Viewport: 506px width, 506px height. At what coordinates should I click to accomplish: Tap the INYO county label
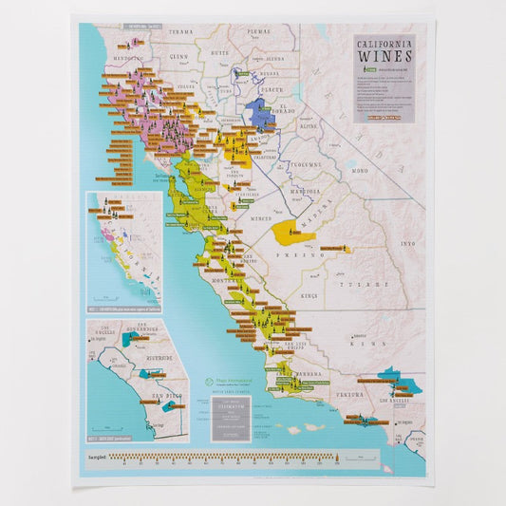pyautogui.click(x=408, y=244)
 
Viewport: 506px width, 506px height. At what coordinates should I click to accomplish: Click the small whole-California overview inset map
pyautogui.click(x=123, y=252)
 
